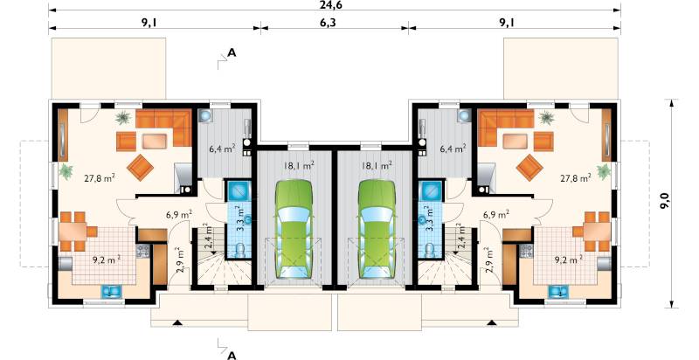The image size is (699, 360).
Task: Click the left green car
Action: (x=294, y=229)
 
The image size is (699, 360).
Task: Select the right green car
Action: (x=377, y=229)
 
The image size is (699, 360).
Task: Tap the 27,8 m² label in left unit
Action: (x=100, y=178)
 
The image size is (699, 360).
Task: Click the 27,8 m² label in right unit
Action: (x=576, y=178)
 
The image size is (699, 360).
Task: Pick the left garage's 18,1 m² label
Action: (x=299, y=166)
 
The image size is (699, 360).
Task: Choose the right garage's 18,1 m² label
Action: (x=377, y=166)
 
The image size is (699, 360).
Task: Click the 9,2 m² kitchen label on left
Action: (x=107, y=260)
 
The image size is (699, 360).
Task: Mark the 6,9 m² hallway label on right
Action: (x=496, y=215)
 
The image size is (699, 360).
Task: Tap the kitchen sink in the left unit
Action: (x=110, y=291)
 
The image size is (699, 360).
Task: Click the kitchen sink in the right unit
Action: (x=556, y=291)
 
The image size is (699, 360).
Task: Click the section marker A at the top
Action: (x=232, y=53)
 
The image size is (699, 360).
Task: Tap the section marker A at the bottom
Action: (x=231, y=355)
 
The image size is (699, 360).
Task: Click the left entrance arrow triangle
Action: (x=177, y=322)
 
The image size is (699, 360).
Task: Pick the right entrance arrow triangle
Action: (x=492, y=322)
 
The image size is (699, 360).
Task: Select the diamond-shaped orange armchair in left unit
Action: (x=140, y=167)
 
